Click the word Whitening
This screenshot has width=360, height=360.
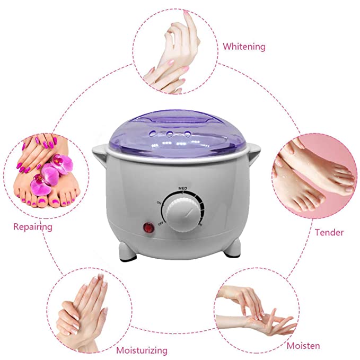pyautogui.click(x=243, y=47)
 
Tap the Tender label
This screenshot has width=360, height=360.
pyautogui.click(x=329, y=232)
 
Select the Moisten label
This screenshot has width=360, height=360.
pyautogui.click(x=303, y=346)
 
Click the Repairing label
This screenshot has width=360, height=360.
pyautogui.click(x=32, y=227)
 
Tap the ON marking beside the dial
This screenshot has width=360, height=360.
pyautogui.click(x=159, y=203)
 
